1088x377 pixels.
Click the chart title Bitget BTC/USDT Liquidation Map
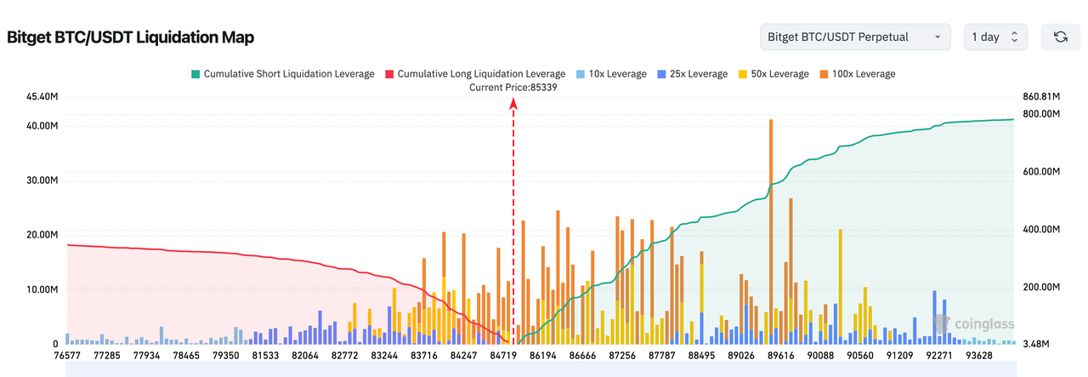point(131,37)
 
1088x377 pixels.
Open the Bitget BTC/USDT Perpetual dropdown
point(855,37)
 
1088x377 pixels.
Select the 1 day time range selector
point(995,37)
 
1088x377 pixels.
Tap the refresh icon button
point(1060,37)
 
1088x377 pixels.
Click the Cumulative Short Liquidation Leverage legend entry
point(282,74)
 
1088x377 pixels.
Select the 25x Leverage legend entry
point(692,74)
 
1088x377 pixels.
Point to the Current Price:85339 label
point(513,88)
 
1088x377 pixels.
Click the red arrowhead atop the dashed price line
point(513,103)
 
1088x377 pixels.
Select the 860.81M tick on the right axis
point(1040,97)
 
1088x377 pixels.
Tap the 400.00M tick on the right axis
point(1040,230)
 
